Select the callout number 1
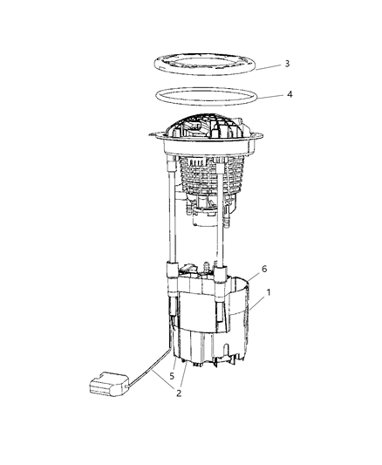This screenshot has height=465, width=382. coord(268,295)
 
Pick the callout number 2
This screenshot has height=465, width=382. coord(178,393)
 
